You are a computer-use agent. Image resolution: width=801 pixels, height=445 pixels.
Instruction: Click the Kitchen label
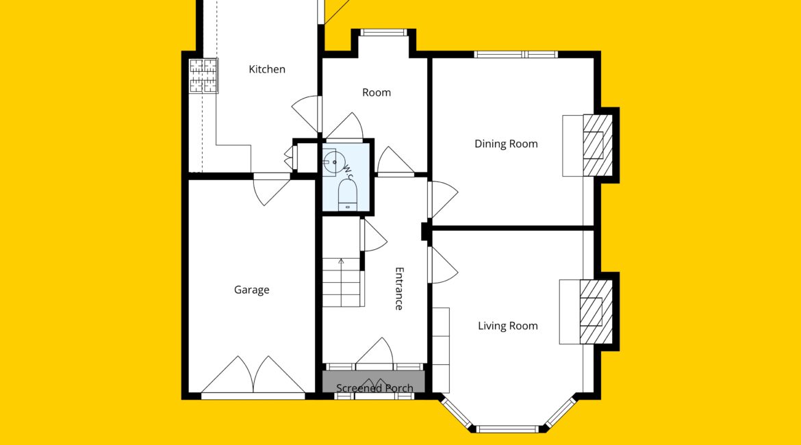click(x=267, y=69)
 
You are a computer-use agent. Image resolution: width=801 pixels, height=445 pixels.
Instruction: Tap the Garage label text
click(x=251, y=290)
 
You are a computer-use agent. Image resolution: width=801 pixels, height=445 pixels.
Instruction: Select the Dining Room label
click(x=506, y=144)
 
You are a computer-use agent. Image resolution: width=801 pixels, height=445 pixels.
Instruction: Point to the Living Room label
click(x=508, y=326)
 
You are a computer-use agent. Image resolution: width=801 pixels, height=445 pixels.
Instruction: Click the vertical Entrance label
click(x=399, y=289)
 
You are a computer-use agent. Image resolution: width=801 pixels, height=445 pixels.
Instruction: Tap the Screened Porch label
click(x=374, y=388)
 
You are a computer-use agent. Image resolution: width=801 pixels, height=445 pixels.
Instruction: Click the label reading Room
click(x=377, y=92)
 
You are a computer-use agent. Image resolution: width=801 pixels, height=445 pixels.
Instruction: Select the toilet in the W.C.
click(x=347, y=195)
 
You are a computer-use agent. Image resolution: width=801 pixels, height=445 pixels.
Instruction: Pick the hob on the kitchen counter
click(x=204, y=76)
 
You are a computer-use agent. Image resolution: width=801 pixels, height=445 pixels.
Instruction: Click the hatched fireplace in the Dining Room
click(x=598, y=146)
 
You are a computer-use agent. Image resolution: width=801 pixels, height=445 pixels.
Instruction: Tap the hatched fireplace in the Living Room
click(x=596, y=311)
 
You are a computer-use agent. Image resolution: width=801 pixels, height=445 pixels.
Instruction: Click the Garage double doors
click(x=253, y=376)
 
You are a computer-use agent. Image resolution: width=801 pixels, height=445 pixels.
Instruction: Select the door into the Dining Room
click(x=443, y=199)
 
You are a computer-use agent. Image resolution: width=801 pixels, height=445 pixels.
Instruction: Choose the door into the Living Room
click(x=443, y=265)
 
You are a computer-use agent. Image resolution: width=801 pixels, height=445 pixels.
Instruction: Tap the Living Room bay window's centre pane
click(x=507, y=429)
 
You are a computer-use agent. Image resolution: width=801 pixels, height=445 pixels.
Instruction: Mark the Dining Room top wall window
click(x=516, y=54)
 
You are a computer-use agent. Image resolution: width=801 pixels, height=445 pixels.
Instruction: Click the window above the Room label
click(x=383, y=33)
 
